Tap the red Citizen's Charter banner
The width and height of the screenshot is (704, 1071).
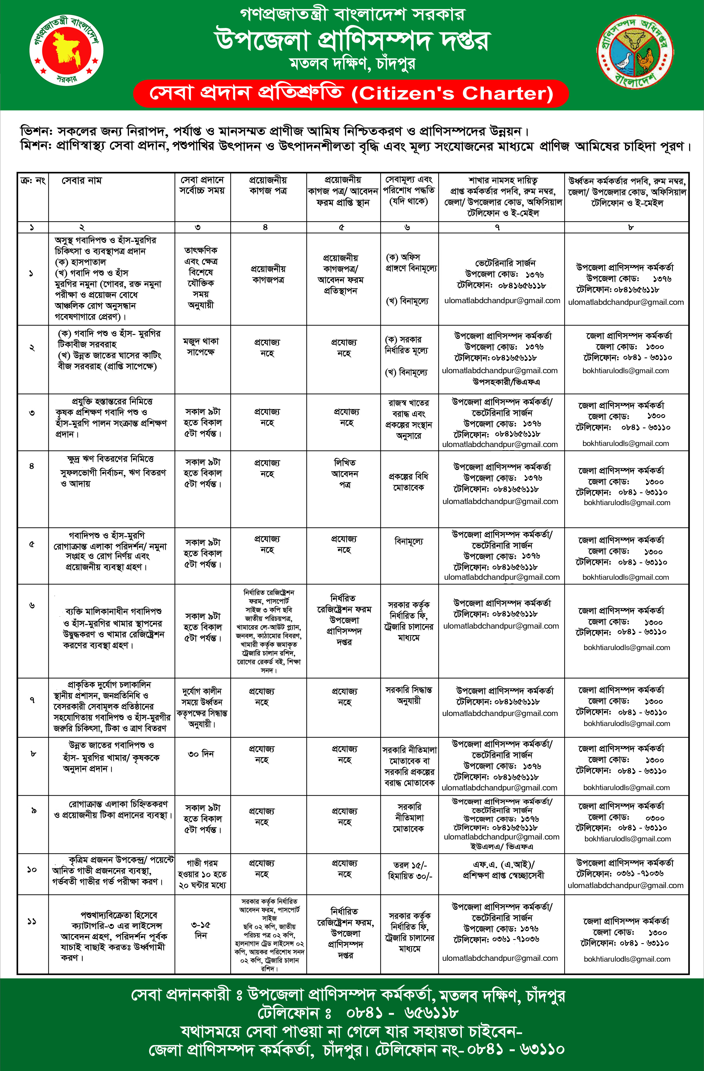(351, 93)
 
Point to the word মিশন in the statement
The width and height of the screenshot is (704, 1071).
(35, 146)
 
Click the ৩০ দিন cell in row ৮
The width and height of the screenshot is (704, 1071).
(201, 754)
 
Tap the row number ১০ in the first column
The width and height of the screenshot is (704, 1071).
(32, 869)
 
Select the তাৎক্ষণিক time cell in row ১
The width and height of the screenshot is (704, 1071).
(201, 277)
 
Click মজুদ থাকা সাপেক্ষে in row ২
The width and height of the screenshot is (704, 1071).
(201, 347)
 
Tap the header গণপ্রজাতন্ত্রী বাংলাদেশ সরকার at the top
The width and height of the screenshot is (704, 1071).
(352, 14)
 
